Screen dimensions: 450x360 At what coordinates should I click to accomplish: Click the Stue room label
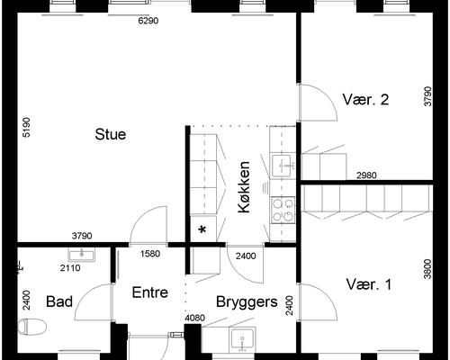click(111, 134)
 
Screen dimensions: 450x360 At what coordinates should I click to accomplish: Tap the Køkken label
click(244, 187)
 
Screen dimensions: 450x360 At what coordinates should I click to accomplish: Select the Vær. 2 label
click(365, 99)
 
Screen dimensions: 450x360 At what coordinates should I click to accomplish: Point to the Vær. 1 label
click(369, 284)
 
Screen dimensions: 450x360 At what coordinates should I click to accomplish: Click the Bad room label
click(59, 301)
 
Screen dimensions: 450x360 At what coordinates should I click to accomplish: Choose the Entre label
click(150, 292)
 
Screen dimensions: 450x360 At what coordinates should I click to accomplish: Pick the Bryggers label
click(247, 302)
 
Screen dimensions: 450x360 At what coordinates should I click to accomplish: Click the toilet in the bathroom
click(32, 327)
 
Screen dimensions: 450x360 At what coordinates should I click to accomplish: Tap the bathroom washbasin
click(81, 255)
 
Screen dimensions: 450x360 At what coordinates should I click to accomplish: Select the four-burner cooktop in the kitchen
click(283, 210)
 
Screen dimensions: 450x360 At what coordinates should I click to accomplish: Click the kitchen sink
click(283, 166)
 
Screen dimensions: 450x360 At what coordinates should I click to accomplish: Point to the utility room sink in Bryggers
click(242, 340)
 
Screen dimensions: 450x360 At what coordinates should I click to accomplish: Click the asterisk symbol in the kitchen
click(202, 230)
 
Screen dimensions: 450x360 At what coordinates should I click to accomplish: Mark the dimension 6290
click(148, 21)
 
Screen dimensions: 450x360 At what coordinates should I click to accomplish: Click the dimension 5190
click(27, 127)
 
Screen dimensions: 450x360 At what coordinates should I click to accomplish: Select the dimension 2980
click(366, 175)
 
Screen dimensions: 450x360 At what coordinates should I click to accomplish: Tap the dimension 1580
click(150, 254)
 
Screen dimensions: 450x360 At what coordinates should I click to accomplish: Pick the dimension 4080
click(195, 318)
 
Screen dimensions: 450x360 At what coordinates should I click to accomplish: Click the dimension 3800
click(427, 269)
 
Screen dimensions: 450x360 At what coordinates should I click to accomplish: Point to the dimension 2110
click(70, 268)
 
